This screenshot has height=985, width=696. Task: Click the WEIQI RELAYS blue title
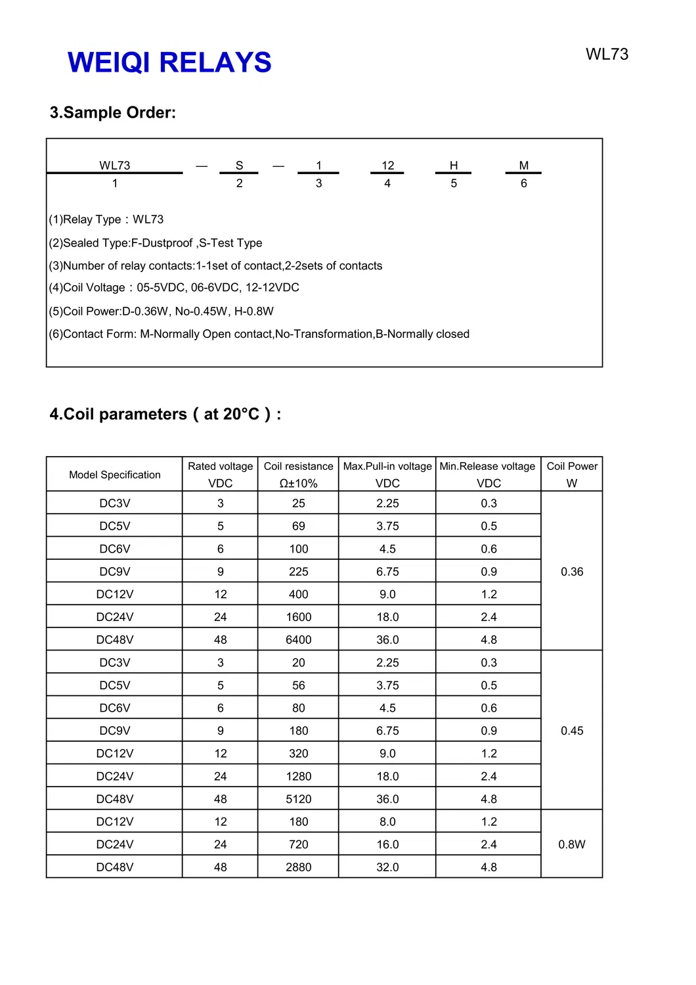(169, 62)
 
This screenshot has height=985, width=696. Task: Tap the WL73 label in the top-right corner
(607, 55)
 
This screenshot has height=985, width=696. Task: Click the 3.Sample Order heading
(113, 112)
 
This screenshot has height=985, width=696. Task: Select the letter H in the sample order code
(454, 166)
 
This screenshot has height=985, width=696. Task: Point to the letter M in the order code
(524, 166)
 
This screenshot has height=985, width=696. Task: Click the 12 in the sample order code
(388, 166)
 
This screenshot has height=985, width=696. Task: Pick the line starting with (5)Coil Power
(161, 311)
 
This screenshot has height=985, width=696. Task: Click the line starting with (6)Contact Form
(259, 334)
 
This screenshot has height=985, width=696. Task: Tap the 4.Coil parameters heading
(165, 414)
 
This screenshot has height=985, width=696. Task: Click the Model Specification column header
(115, 474)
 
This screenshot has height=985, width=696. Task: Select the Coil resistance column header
(299, 474)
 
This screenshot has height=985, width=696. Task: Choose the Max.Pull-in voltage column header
(387, 474)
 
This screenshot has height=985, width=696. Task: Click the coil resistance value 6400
(299, 640)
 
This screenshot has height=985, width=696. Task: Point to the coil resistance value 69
(299, 526)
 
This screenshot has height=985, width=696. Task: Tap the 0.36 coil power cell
(572, 572)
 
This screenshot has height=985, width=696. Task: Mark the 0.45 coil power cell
(572, 731)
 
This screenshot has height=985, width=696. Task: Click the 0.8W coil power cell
(572, 844)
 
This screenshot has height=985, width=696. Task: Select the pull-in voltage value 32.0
(387, 867)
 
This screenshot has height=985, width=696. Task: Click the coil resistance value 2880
(299, 867)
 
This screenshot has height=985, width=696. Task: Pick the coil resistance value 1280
(299, 777)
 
